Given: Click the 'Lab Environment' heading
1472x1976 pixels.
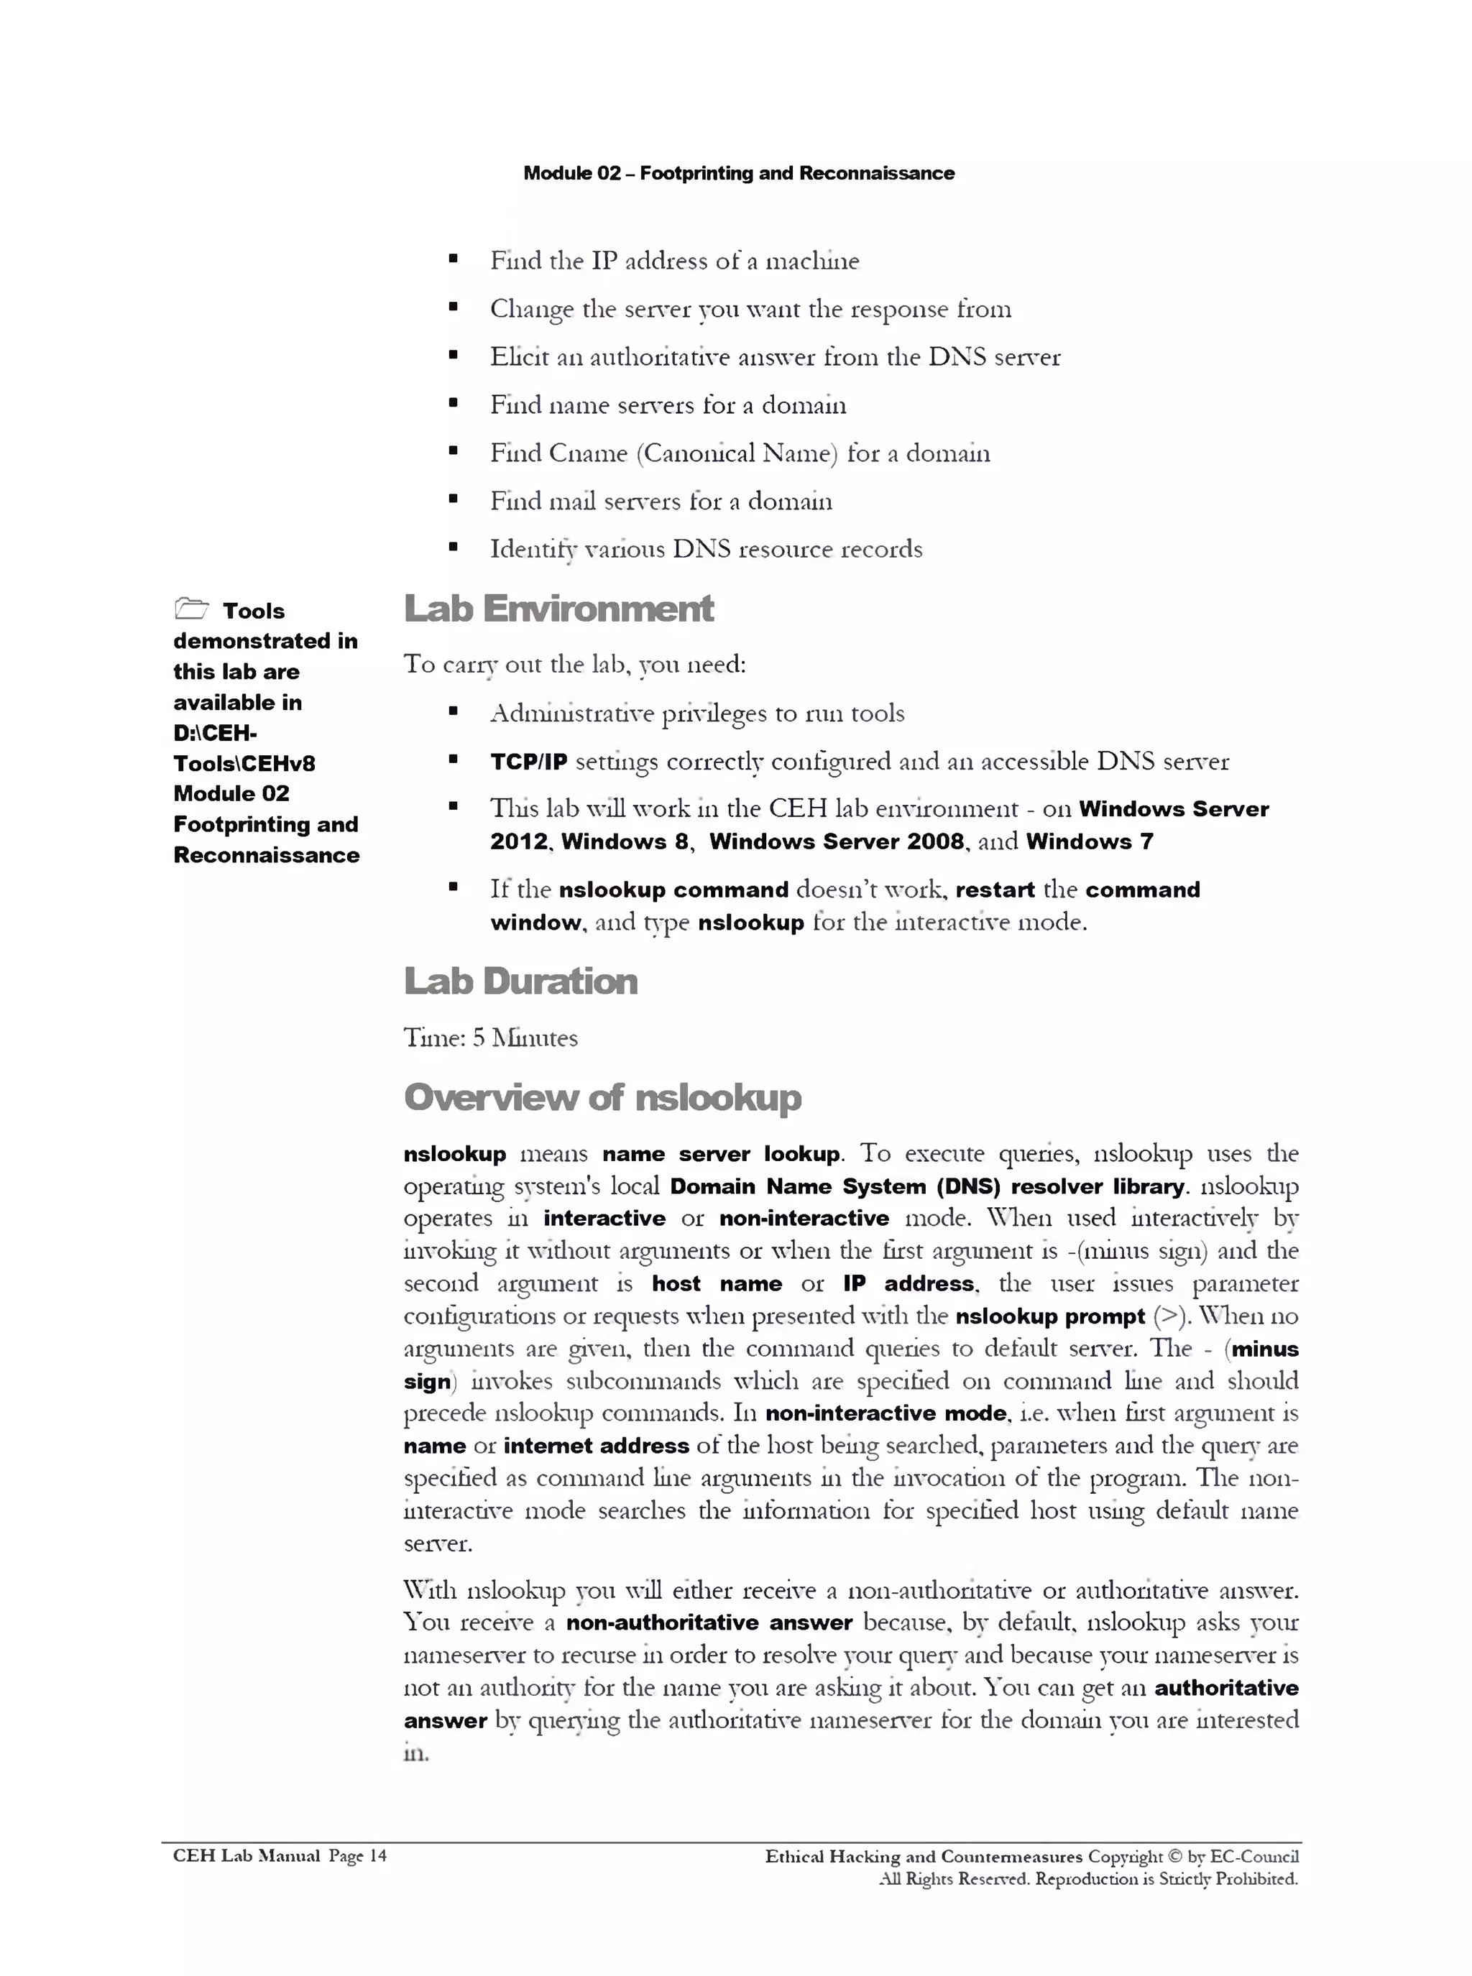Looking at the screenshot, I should tap(558, 609).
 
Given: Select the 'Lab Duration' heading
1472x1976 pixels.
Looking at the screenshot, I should tap(520, 981).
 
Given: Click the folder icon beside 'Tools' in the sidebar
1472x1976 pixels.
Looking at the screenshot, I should tap(192, 609).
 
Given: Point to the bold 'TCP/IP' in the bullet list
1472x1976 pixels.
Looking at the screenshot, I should tap(528, 762).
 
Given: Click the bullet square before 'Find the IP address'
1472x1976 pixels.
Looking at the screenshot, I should tap(454, 259).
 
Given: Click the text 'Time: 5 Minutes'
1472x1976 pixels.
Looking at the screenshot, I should tap(490, 1038).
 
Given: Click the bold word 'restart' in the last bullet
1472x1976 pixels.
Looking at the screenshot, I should tap(995, 890).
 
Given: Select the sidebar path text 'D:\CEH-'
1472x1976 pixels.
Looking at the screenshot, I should tap(215, 733).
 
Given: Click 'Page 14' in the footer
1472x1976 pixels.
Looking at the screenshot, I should tap(357, 1856).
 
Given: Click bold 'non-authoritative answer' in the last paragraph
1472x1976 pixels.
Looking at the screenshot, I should tap(709, 1622).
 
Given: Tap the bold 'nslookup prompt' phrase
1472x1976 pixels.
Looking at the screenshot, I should tap(1049, 1317).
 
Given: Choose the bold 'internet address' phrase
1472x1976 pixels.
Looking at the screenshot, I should tap(596, 1446).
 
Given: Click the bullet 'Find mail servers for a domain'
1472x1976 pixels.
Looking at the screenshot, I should tap(661, 502).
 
